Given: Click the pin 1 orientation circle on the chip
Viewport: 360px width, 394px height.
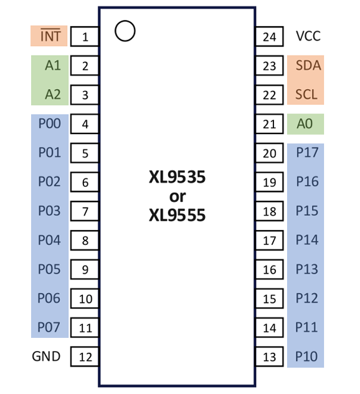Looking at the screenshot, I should pyautogui.click(x=125, y=31).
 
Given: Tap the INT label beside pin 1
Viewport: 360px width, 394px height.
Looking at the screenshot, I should pyautogui.click(x=50, y=36).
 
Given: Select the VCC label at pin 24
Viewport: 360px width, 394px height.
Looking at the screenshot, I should pyautogui.click(x=308, y=36).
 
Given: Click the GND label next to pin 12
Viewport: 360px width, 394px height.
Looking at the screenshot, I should pyautogui.click(x=46, y=357).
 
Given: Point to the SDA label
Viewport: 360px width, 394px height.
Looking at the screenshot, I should pyautogui.click(x=308, y=65).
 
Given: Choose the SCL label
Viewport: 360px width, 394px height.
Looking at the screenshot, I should pyautogui.click(x=306, y=94).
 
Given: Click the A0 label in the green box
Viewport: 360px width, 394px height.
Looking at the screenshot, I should pyautogui.click(x=305, y=123).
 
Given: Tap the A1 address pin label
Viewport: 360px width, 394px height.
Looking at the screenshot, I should pyautogui.click(x=53, y=65).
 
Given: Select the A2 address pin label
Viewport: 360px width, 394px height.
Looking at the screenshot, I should pyautogui.click(x=53, y=94).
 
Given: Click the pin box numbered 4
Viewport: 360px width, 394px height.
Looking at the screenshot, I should pyautogui.click(x=85, y=124).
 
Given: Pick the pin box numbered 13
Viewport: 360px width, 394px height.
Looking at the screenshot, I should pyautogui.click(x=270, y=357).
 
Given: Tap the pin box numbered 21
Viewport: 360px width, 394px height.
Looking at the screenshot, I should pyautogui.click(x=270, y=124).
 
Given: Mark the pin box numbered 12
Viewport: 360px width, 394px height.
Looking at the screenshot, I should pyautogui.click(x=85, y=357).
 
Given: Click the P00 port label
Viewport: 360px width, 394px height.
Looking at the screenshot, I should pyautogui.click(x=49, y=123).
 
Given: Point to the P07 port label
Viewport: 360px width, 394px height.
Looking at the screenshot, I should pyautogui.click(x=49, y=327).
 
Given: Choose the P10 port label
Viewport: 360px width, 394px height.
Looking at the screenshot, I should pyautogui.click(x=306, y=357).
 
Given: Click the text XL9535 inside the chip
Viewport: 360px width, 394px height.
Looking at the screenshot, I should pyautogui.click(x=177, y=178).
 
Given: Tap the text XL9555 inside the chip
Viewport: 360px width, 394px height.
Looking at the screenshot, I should pyautogui.click(x=177, y=216).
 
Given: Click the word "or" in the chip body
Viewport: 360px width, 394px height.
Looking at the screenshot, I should pyautogui.click(x=177, y=197).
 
